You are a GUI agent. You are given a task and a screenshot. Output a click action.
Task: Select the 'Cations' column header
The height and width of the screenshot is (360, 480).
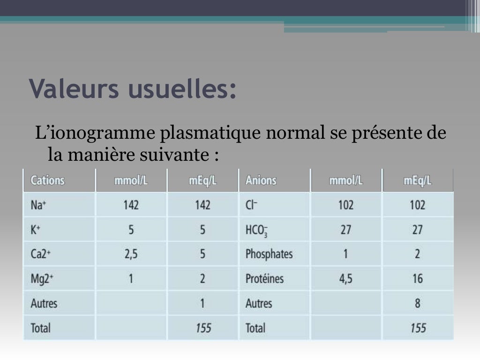coord(47,180)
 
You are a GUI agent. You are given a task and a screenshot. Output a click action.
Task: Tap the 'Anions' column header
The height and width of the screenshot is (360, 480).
coord(261,180)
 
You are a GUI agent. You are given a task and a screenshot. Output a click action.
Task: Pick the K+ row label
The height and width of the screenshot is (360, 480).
coord(36,230)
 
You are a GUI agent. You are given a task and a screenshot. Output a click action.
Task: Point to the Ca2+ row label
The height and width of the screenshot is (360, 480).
coord(40,254)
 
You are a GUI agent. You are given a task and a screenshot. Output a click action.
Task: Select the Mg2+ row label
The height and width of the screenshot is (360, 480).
coord(41,279)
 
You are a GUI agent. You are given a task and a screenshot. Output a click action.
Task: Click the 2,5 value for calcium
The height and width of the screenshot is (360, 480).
coord(131,254)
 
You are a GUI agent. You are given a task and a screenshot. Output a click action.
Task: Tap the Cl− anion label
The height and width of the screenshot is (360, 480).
coord(251,205)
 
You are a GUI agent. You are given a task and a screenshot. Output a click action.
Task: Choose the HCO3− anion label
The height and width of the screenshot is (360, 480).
coord(256,230)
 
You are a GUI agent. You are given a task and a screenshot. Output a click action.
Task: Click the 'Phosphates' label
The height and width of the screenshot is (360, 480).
coord(269,255)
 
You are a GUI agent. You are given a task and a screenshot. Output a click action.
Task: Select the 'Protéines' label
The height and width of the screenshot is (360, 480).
coord(264,279)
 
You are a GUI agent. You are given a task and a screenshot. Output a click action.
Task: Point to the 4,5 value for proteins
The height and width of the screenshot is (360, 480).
coord(345,279)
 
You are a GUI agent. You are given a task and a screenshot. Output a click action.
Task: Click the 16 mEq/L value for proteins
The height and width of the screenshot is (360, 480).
coord(418,279)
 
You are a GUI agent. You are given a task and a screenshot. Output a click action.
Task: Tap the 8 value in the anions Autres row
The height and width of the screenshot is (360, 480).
coord(418,303)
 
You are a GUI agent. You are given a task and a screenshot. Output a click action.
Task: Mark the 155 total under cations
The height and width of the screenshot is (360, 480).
coord(203,328)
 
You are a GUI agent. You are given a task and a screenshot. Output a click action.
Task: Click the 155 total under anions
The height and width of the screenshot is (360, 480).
coord(418,328)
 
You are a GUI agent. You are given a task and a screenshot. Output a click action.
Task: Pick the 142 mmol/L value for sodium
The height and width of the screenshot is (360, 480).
coord(131,205)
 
